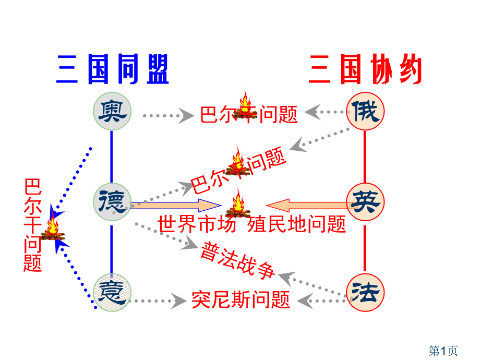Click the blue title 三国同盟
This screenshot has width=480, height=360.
pos(112,69)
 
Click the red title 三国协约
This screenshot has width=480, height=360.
pos(366,69)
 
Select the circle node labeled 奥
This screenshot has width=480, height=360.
pos(112,111)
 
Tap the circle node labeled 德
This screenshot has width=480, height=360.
pos(112,202)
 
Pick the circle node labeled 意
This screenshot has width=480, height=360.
pos(112,292)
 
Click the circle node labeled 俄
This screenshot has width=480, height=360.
pos(365,111)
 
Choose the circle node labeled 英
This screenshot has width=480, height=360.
pos(365,202)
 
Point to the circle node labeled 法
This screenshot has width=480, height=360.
pos(365,292)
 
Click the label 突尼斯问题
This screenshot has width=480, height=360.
pos(241,299)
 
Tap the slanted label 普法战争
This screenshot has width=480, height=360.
pos(237,260)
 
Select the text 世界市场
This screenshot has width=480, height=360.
pos(197,224)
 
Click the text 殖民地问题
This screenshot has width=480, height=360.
pos(296,224)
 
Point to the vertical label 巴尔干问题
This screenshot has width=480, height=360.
pos(32,225)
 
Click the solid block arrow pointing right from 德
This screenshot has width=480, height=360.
pos(176,206)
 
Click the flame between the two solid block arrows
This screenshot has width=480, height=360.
pos(238,203)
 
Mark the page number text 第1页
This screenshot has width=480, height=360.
pos(443,351)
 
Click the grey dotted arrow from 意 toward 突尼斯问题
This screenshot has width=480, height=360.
pos(158,301)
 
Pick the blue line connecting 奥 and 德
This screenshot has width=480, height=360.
pos(112,157)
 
